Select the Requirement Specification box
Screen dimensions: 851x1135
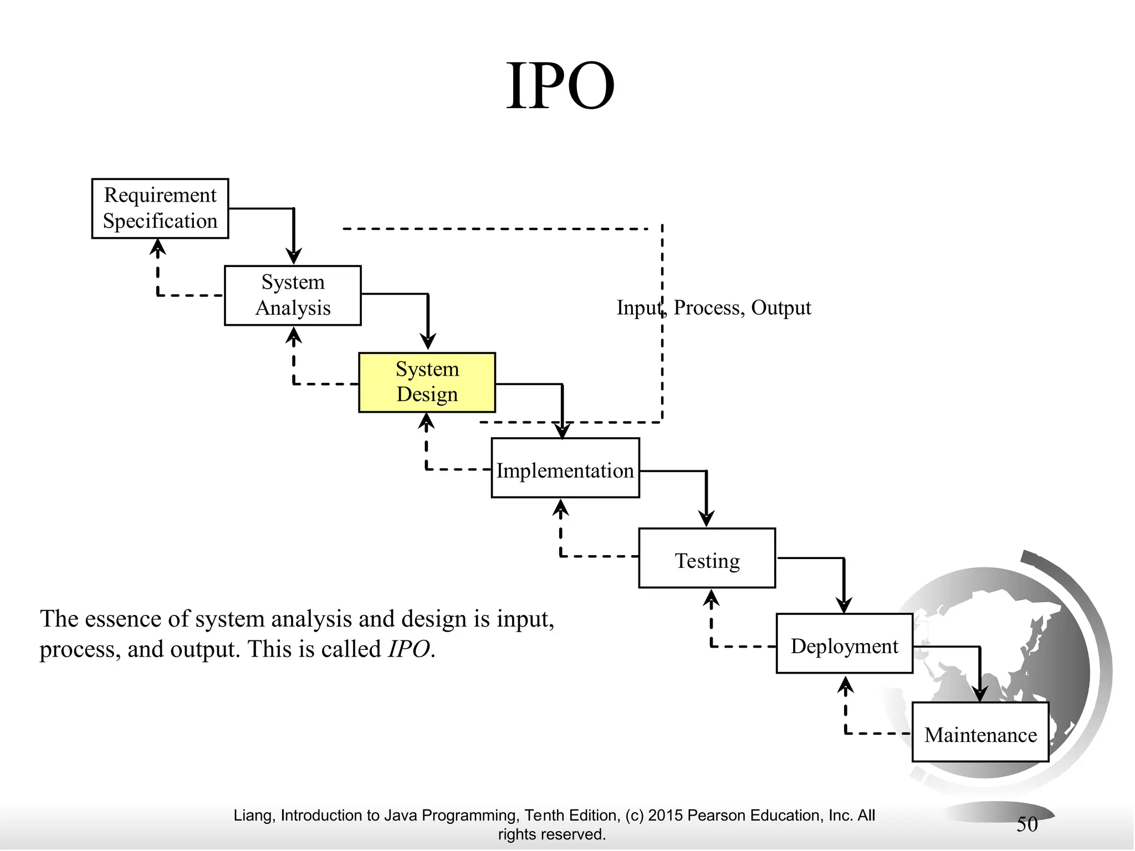[x=160, y=208]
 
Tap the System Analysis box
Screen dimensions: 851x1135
[x=293, y=295]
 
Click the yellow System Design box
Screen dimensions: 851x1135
[x=427, y=382]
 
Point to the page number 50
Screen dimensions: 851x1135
[x=1026, y=824]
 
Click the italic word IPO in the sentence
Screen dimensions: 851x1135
[x=409, y=649]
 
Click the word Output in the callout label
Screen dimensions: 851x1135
[x=780, y=307]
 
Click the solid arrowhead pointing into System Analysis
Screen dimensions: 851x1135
[x=294, y=257]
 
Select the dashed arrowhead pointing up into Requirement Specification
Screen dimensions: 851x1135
[x=158, y=247]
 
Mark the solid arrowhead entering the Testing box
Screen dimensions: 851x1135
[x=706, y=519]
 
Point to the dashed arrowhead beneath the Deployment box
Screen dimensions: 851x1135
[x=845, y=685]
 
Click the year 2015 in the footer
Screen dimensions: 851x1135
[x=666, y=816]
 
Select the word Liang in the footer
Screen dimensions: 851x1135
[x=252, y=816]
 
